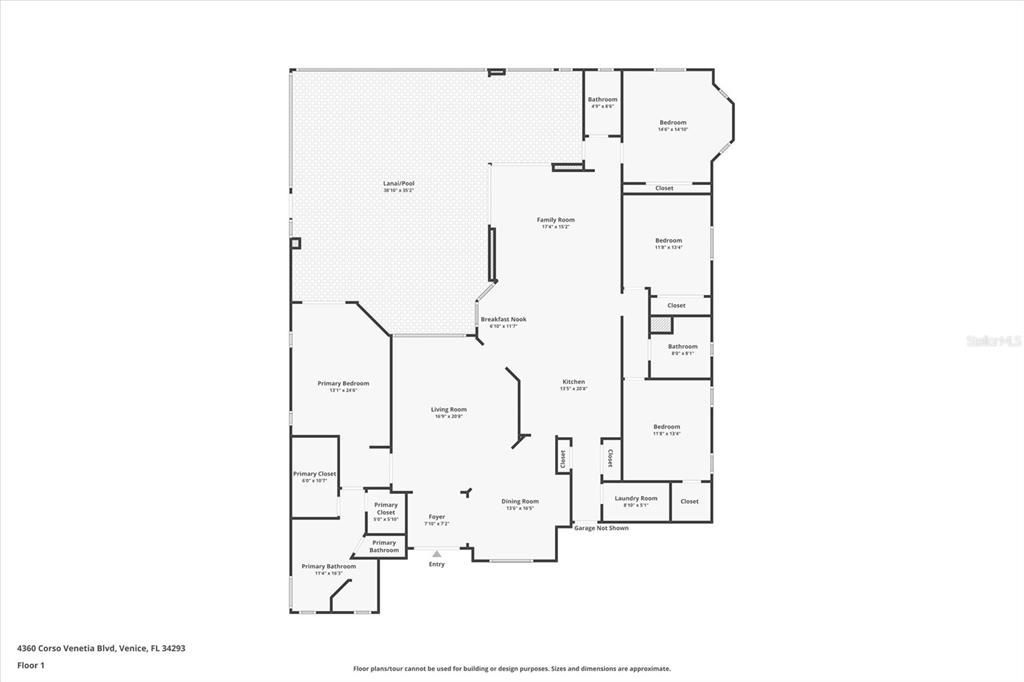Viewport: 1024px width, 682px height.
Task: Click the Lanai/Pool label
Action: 398,184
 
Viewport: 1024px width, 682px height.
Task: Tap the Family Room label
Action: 555,220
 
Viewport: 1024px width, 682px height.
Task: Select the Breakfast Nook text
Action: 503,320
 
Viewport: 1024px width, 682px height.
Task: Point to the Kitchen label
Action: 573,382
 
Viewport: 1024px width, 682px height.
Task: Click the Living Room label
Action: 449,409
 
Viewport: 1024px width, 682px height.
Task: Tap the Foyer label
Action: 437,517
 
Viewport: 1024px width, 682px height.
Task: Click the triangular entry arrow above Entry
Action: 436,553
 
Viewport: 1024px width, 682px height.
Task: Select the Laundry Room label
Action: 636,498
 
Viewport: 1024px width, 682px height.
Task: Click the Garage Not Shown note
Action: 601,528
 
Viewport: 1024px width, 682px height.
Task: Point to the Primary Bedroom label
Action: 343,384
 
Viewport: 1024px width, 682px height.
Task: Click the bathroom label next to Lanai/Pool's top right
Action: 602,100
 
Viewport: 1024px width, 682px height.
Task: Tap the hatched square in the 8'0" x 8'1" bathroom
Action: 659,325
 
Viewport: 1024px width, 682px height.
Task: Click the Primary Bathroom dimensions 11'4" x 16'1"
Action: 328,573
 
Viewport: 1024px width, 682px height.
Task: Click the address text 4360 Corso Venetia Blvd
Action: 101,648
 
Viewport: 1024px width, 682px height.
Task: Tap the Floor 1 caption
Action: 31,665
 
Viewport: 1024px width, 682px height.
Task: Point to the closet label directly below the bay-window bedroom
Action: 664,188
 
